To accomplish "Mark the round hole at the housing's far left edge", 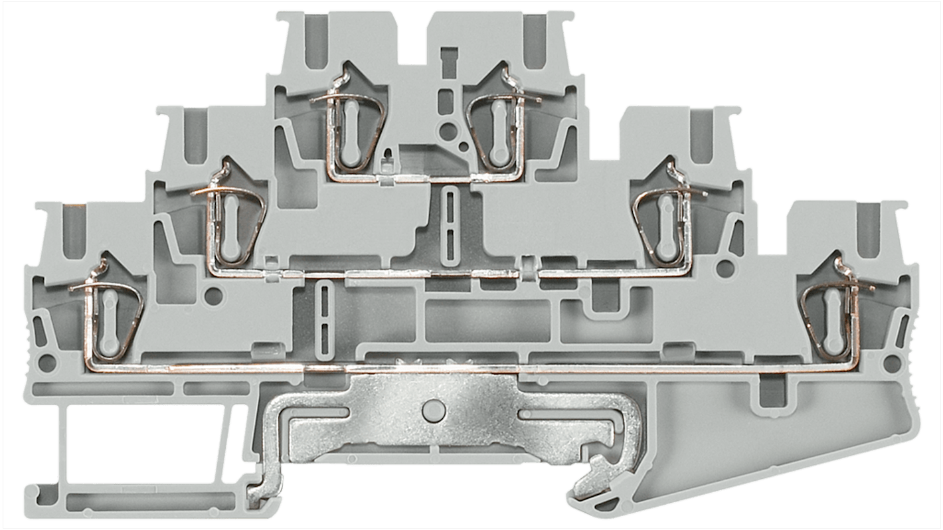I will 47,363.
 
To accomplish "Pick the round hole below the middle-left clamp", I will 214,294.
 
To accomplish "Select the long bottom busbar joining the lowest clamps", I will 465,367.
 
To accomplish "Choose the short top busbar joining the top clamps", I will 425,177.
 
